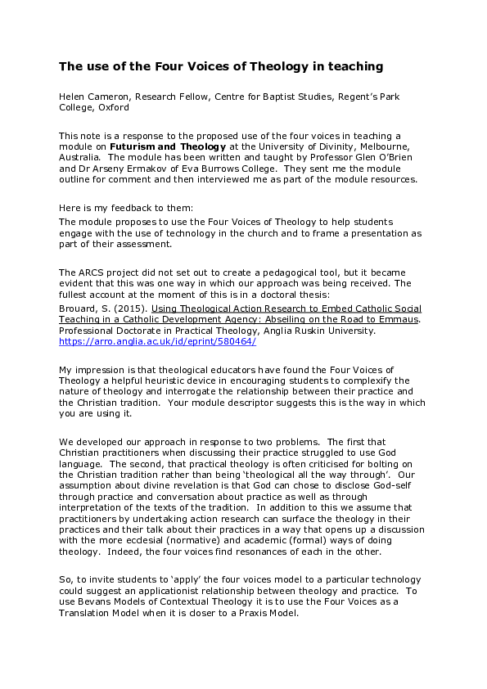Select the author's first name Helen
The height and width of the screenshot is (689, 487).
tap(73, 97)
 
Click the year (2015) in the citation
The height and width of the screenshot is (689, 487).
tap(119, 307)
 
